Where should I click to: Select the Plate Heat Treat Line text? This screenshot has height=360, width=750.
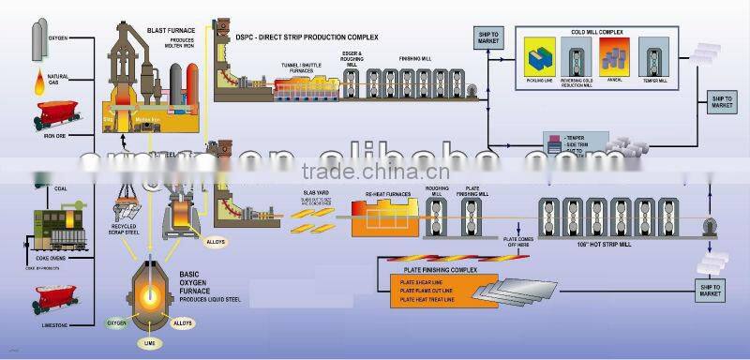pyautogui.click(x=427, y=301)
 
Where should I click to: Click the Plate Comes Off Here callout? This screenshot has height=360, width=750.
pyautogui.click(x=517, y=242)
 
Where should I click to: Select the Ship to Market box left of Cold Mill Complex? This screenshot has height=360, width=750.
pyautogui.click(x=489, y=37)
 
